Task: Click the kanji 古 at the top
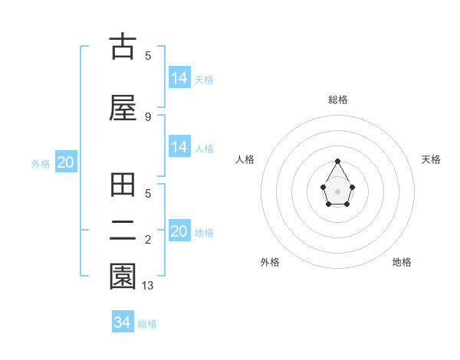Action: point(123,47)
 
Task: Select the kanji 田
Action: point(123,187)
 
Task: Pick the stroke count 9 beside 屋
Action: point(148,116)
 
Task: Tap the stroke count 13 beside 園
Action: point(148,286)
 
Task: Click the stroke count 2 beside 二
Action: point(148,241)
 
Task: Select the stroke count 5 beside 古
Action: point(148,55)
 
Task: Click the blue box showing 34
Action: point(122,322)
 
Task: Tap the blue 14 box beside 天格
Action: point(179,78)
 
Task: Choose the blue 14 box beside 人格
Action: point(179,147)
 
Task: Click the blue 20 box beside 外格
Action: point(65,162)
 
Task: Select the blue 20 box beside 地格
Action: point(179,231)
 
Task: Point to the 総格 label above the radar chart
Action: point(338,100)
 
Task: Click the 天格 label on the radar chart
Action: point(431,159)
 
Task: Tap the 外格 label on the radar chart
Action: point(270,262)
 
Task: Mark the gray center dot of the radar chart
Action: point(337,190)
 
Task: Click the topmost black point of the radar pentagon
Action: point(337,161)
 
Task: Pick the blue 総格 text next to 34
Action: point(147,324)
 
